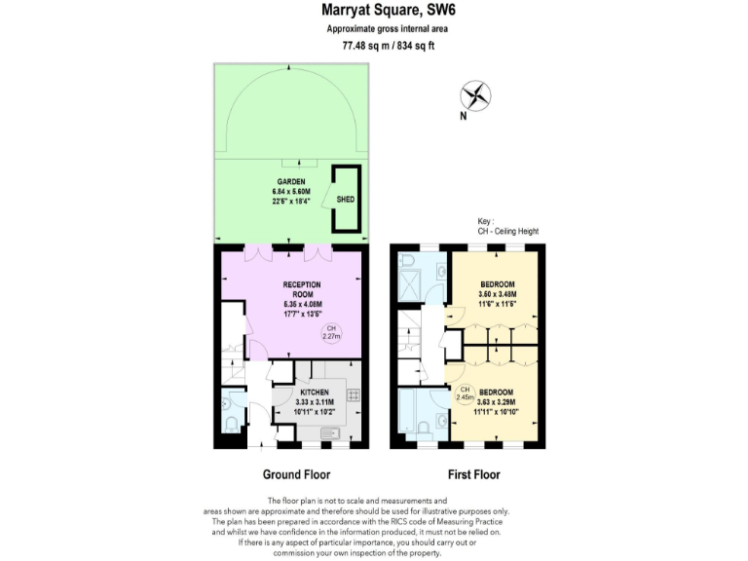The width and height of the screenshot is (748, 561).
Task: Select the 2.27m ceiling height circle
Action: [x=332, y=332]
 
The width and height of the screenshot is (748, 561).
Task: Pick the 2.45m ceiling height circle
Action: [x=465, y=394]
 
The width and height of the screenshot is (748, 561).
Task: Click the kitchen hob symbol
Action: [x=353, y=394]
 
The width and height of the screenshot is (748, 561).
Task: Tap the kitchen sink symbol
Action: [x=328, y=432]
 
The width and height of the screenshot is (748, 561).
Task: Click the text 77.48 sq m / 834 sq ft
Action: [x=374, y=46]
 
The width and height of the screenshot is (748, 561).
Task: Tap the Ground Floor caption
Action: [x=296, y=475]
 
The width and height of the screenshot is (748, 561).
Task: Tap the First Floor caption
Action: [x=473, y=475]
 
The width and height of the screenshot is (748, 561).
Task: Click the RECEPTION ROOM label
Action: [x=302, y=289]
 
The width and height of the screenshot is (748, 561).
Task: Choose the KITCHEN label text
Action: [x=303, y=392]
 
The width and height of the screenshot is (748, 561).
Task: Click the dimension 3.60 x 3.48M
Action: [x=498, y=294]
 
